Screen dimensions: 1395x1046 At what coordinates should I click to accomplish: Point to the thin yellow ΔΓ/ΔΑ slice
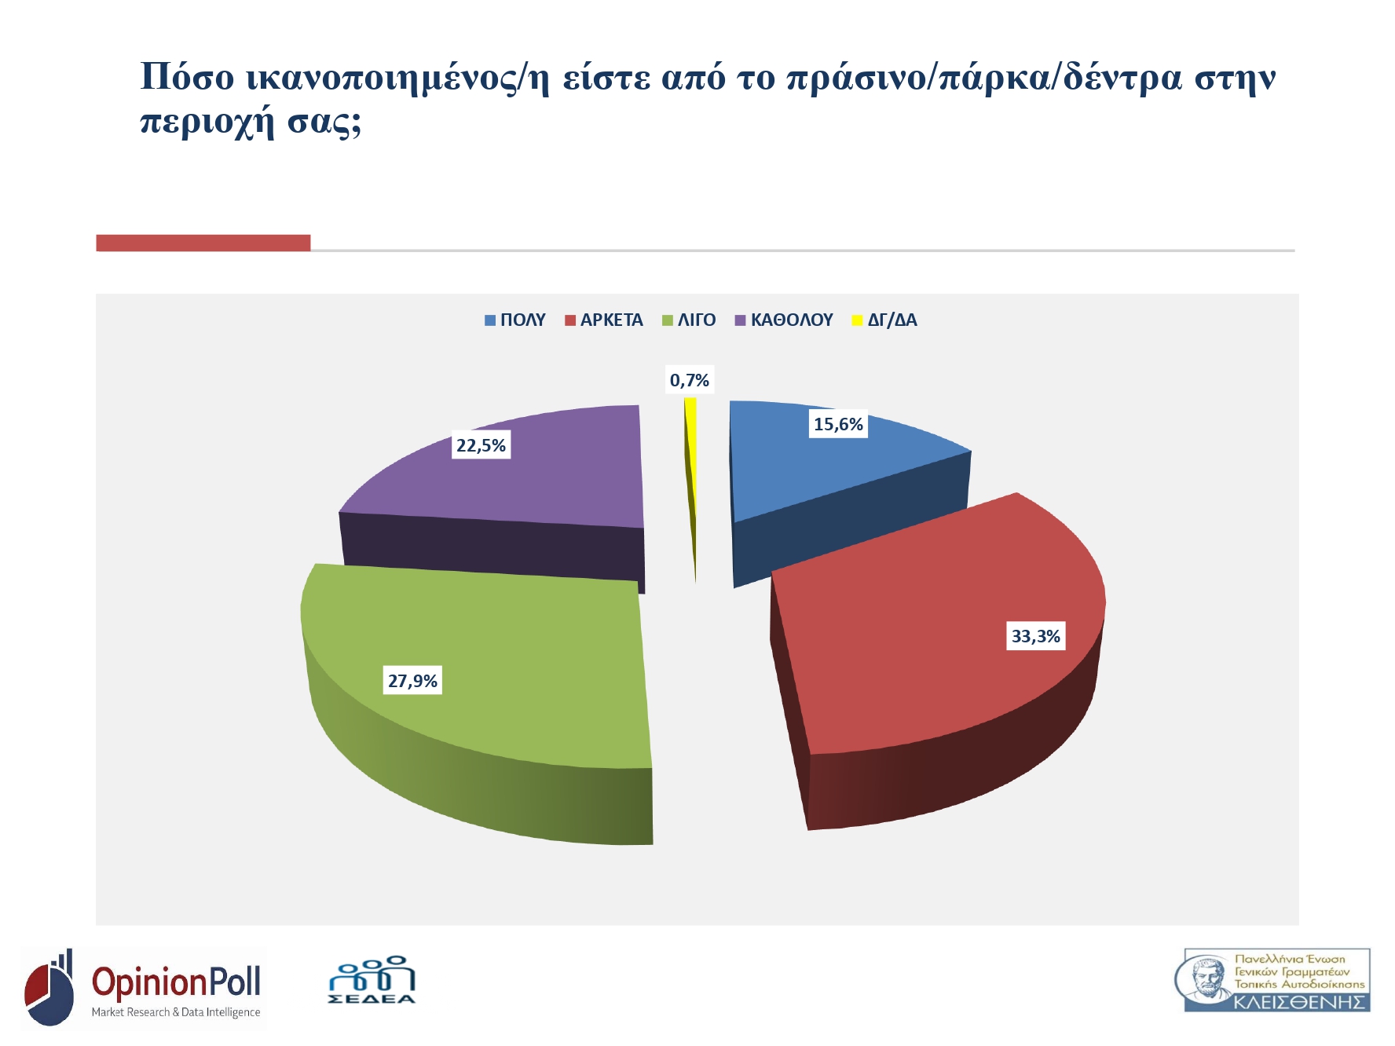[691, 471]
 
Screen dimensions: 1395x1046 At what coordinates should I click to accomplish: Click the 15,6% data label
[838, 425]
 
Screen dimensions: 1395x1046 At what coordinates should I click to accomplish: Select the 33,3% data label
[1035, 636]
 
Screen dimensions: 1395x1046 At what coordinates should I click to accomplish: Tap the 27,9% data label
[412, 681]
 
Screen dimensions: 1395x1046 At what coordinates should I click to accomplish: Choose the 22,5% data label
[481, 445]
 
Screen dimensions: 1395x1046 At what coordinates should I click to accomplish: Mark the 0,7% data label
[689, 380]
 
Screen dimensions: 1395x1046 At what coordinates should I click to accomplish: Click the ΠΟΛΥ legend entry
[515, 320]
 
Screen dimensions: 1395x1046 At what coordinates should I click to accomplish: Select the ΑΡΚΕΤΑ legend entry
[604, 320]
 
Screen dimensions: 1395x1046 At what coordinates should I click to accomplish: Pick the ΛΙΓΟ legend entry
[689, 320]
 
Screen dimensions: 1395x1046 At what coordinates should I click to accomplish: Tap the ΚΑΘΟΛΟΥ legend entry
[784, 320]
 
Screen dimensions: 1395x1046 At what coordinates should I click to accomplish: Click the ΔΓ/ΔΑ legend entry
[884, 320]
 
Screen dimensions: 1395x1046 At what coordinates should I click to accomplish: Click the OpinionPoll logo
[143, 987]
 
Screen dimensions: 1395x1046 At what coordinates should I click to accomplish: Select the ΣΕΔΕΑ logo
[372, 980]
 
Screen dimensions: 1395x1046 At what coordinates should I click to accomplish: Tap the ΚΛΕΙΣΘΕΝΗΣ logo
[1272, 980]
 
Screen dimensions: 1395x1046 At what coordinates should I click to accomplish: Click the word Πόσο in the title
[187, 77]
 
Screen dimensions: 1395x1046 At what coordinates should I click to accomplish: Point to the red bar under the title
[203, 243]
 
